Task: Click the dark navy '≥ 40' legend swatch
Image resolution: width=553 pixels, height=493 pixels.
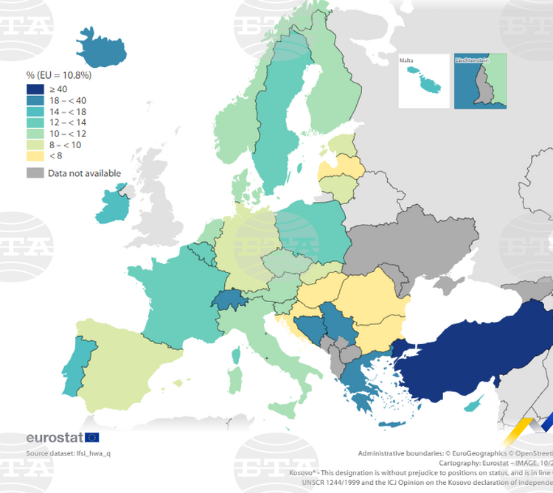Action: point(35,89)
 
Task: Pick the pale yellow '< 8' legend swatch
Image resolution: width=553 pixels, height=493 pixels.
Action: point(35,155)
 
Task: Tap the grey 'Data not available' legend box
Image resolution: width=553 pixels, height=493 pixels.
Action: point(35,173)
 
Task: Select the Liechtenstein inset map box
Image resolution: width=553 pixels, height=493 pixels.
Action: point(480,82)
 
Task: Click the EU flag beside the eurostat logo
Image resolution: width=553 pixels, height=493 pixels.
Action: point(92,437)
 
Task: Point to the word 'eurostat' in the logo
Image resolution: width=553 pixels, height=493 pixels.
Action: point(54,437)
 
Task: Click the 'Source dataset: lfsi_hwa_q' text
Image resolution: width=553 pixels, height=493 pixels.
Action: point(69,453)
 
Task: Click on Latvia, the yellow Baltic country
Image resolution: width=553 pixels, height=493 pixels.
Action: point(341,171)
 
